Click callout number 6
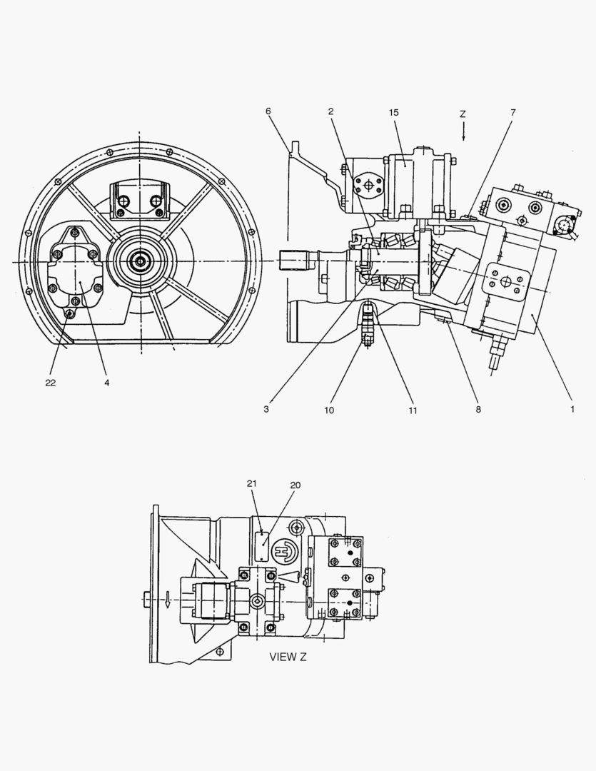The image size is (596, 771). coord(268,111)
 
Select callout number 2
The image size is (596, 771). coord(331,111)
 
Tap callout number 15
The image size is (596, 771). coord(394,113)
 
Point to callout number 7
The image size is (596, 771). coord(513,113)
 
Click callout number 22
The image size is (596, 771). coord(51,383)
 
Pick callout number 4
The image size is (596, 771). coord(107,383)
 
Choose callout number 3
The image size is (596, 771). coord(266,408)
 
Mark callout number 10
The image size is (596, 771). coord(329,410)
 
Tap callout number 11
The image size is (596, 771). coord(413,410)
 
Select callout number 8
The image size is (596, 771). coord(478,409)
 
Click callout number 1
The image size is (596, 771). coord(572,408)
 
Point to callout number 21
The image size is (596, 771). coord(252,483)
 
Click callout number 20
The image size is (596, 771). coord(295,485)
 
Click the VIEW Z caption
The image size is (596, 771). coord(288,657)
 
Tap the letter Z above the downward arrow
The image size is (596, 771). coord(463,114)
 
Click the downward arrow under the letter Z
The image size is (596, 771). coord(463,132)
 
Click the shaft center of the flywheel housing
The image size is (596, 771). coord(141,261)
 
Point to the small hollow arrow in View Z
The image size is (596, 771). coord(168,600)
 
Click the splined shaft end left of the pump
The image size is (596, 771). coord(294,261)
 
